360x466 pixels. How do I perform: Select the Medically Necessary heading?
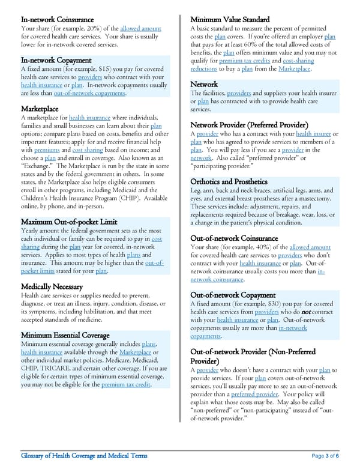point(52,286)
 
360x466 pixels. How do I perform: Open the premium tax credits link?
point(244,61)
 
